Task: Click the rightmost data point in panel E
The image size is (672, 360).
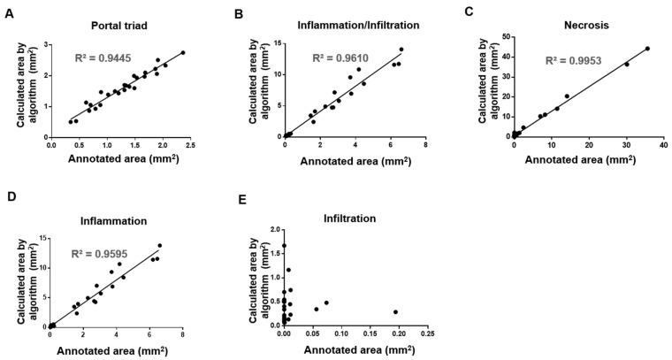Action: click(x=395, y=311)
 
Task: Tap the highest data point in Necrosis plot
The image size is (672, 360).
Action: click(x=646, y=49)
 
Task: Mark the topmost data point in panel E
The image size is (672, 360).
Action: click(x=284, y=246)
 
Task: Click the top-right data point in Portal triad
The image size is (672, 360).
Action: click(x=183, y=53)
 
